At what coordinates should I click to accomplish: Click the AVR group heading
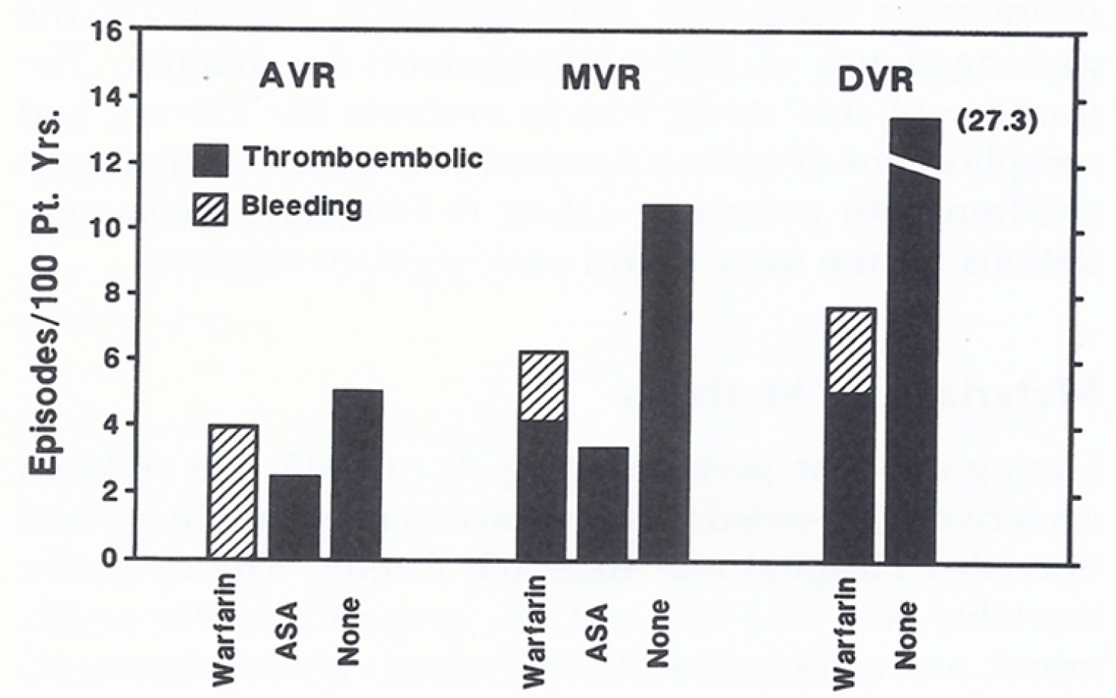(x=298, y=75)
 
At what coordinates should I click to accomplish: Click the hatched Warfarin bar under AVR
(x=233, y=491)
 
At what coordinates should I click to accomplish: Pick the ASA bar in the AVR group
(x=295, y=516)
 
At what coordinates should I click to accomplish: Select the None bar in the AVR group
(x=357, y=474)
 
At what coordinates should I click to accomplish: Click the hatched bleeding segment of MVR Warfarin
(x=542, y=385)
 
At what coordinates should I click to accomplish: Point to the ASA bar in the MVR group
(x=603, y=502)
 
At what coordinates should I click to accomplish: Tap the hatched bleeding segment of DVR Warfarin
(x=850, y=350)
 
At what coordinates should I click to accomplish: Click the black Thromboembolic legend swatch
(x=211, y=160)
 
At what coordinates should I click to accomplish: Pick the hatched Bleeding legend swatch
(x=211, y=208)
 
